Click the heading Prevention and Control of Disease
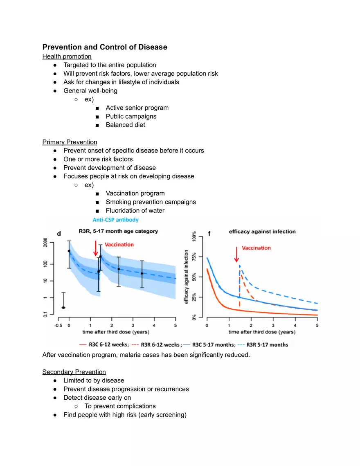(x=105, y=47)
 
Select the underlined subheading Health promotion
(x=67, y=56)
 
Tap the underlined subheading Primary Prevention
(x=70, y=142)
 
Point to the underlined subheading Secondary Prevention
(x=74, y=372)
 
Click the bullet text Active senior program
(x=137, y=108)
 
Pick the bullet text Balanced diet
(x=125, y=125)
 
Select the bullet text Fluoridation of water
(x=135, y=211)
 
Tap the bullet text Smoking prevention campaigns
(x=151, y=202)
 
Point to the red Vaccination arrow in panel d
(x=95, y=248)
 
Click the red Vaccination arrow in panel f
(x=236, y=256)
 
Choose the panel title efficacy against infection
(x=262, y=232)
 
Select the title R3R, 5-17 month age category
(x=118, y=231)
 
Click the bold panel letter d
(x=59, y=234)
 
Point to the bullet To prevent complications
(x=120, y=406)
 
